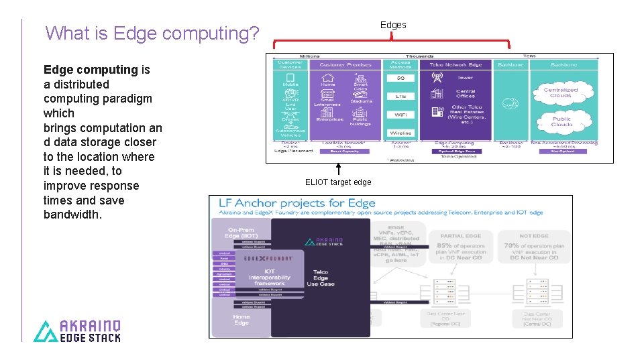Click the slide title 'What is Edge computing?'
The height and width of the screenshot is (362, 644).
(152, 33)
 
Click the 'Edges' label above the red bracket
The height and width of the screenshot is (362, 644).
(393, 25)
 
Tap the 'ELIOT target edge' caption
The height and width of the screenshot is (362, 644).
(338, 182)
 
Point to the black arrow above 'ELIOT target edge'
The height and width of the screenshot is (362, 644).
(338, 169)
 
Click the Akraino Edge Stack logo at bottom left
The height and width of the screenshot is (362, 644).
(78, 330)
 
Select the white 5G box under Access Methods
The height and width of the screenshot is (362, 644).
(400, 78)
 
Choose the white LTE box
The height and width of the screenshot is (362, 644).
(400, 97)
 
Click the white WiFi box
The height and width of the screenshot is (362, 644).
(400, 115)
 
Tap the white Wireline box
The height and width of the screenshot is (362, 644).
(400, 133)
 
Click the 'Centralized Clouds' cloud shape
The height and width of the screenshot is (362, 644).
(561, 93)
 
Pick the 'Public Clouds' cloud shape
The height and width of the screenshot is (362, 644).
(562, 121)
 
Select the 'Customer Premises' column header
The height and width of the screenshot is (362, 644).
(345, 64)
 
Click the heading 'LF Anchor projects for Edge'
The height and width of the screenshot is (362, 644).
(296, 202)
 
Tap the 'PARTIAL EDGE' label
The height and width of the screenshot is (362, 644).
(462, 236)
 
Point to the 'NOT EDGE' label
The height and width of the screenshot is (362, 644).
(534, 236)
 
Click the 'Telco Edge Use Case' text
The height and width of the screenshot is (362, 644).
(321, 278)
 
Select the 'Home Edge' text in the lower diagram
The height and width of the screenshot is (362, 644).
(241, 320)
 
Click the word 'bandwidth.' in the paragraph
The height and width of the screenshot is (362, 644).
(72, 215)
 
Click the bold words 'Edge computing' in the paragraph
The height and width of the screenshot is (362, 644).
(91, 70)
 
